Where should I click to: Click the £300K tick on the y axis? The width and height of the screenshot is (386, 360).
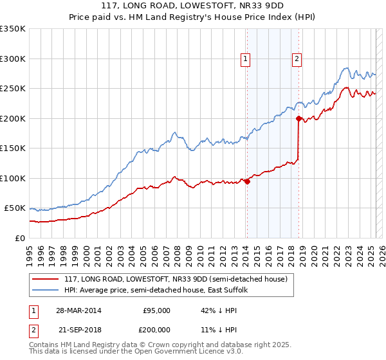pos(13,59)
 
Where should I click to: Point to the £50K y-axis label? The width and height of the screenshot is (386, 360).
pos(15,208)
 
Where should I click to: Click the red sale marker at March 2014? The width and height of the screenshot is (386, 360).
pos(248,181)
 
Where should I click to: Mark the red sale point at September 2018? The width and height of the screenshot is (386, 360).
pos(299,118)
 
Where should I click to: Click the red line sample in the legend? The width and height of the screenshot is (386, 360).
pos(46,278)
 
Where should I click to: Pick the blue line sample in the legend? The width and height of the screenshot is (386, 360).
pos(46,290)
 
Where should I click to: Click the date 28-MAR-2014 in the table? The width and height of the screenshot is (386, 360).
pos(78,310)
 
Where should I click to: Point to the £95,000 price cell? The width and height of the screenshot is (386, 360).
pos(156,310)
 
